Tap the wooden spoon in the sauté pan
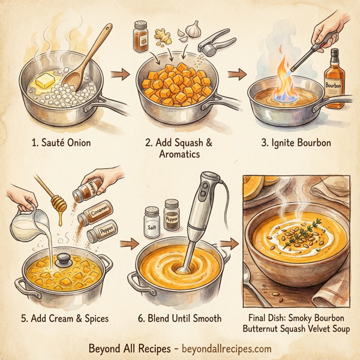tap(89, 59)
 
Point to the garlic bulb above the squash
tap(191, 28)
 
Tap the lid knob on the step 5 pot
tap(64, 260)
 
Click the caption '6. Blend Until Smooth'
tap(181, 317)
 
